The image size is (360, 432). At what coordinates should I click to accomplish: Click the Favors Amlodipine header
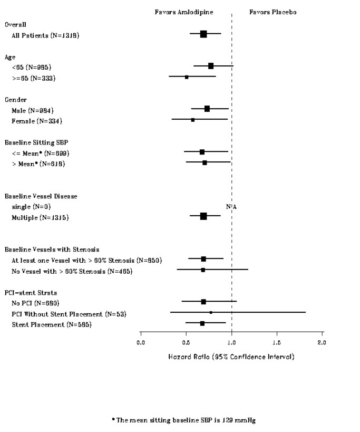[183, 12]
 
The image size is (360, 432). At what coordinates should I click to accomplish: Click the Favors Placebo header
[273, 12]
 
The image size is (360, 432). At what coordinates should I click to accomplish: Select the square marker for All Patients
[203, 34]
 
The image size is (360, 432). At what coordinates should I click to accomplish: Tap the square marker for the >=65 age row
[187, 77]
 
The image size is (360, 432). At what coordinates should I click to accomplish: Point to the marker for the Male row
[207, 109]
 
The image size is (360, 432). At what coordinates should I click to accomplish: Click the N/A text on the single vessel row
[231, 207]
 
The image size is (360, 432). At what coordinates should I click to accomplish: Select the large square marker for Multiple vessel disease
[203, 216]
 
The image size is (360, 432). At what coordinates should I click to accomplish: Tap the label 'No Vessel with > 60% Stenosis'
[72, 272]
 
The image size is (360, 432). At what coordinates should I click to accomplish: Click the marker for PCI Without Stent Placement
[211, 312]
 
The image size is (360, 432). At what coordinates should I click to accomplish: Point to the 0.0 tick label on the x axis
[141, 342]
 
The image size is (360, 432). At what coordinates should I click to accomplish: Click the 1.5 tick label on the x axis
[277, 342]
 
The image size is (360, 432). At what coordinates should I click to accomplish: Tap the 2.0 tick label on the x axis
[322, 342]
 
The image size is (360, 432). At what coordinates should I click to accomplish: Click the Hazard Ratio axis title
[231, 357]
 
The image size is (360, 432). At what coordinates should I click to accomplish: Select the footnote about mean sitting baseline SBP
[183, 420]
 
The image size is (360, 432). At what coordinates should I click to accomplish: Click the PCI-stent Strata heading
[31, 292]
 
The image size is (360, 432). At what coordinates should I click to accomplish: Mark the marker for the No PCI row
[203, 302]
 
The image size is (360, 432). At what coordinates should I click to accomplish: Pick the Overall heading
[16, 24]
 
